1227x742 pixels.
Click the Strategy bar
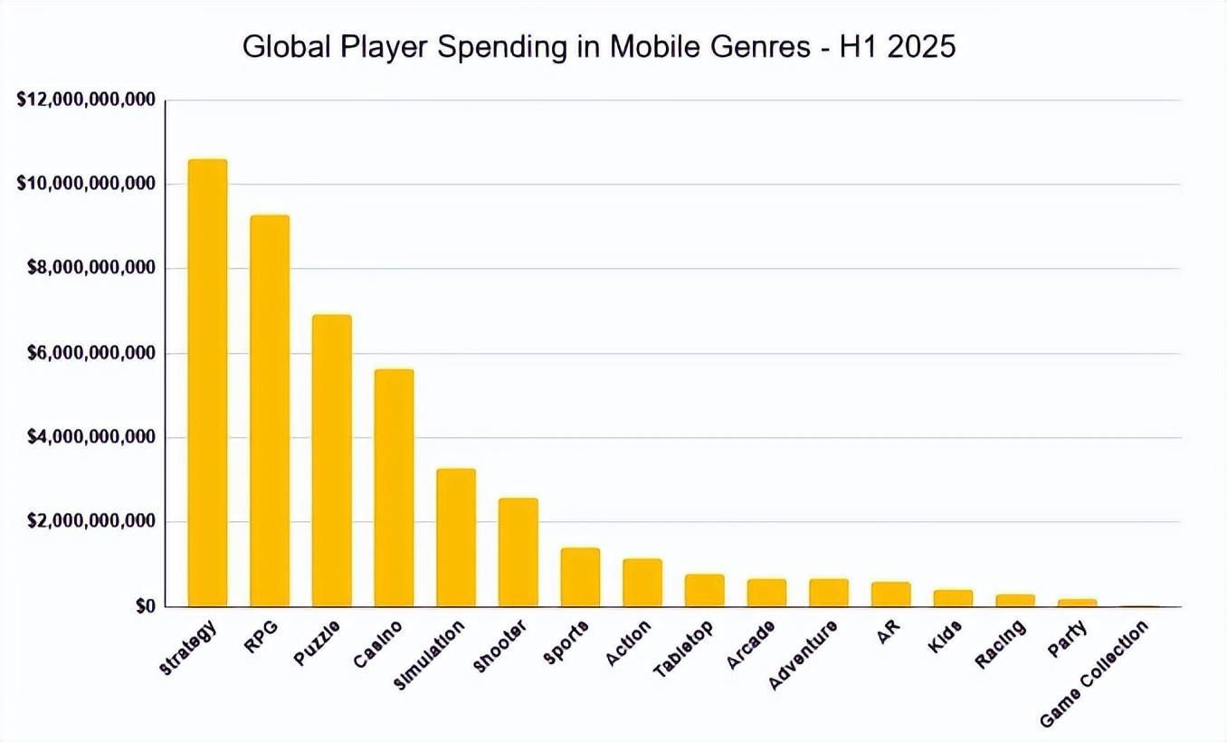207,383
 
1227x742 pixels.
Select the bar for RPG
270,411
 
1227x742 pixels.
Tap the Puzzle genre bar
332,461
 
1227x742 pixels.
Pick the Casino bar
394,488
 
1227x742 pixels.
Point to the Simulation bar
456,537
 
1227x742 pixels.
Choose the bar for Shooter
518,552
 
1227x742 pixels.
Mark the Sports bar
580,577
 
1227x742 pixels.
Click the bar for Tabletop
704,590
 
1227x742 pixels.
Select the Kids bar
953,598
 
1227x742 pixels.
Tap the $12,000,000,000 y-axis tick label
87,100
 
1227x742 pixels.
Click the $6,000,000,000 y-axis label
87,353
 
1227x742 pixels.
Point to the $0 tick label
145,607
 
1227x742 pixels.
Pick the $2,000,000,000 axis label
87,522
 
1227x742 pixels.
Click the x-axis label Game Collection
1094,673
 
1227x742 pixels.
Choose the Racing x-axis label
1001,643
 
